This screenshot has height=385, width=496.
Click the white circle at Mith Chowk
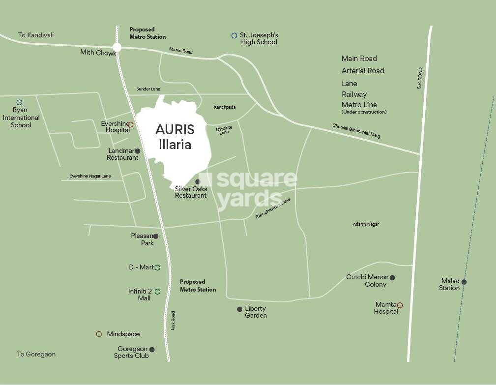click(x=117, y=47)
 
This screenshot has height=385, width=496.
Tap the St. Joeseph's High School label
click(x=259, y=39)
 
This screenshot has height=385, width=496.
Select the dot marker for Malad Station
click(x=464, y=282)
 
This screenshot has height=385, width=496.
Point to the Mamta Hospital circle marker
click(x=400, y=305)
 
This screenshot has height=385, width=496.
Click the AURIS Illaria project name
click(x=175, y=137)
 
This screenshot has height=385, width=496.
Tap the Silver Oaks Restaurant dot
click(x=198, y=181)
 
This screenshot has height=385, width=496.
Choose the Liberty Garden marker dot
click(x=240, y=309)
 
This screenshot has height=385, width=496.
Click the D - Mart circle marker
click(x=157, y=267)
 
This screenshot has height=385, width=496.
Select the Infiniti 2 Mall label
click(x=140, y=295)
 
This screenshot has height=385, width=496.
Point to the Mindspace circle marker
click(x=99, y=334)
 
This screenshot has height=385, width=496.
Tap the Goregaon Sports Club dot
click(x=152, y=350)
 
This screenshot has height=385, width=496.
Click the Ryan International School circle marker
click(x=19, y=103)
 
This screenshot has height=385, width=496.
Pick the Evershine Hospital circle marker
click(x=130, y=124)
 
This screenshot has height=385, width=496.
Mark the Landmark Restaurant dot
click(x=138, y=151)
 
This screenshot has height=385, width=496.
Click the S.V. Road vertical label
click(x=420, y=78)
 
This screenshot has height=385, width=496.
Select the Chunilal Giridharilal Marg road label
click(x=356, y=130)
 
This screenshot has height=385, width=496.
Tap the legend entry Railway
click(x=354, y=94)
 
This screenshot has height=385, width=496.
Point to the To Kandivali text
click(x=36, y=35)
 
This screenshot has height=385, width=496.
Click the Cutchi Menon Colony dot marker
click(x=392, y=278)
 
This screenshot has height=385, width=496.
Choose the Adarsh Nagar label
click(x=366, y=224)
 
